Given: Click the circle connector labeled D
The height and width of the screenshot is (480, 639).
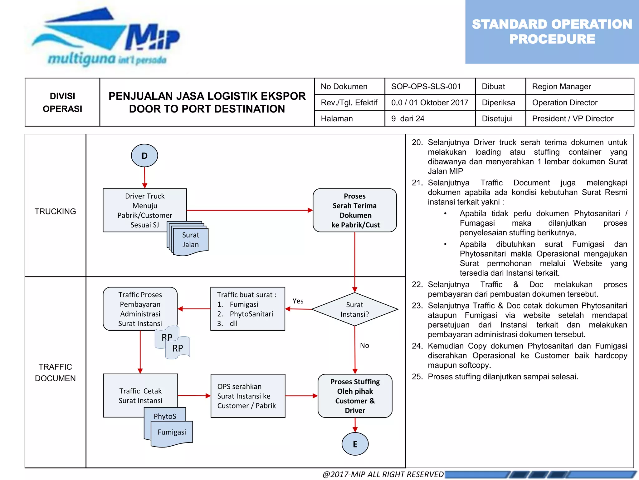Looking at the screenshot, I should (x=144, y=156).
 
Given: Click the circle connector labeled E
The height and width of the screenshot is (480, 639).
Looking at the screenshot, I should (x=355, y=444).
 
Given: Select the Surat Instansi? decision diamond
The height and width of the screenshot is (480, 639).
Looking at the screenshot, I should (x=355, y=309).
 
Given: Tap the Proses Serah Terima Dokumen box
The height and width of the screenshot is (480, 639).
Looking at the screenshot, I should (x=355, y=210).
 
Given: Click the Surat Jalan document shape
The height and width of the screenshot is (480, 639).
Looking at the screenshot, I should (x=191, y=240).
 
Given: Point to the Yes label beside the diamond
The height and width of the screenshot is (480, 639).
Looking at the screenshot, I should (x=298, y=301).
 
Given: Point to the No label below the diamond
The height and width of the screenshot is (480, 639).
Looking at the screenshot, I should (x=364, y=346).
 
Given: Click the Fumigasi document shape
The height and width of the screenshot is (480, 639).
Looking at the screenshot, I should (x=172, y=432).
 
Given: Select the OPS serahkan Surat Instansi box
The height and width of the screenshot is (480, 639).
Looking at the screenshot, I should (x=248, y=396).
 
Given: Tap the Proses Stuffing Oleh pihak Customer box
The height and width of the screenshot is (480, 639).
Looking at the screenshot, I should (x=355, y=396).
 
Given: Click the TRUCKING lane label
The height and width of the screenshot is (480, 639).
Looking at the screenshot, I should (x=55, y=212).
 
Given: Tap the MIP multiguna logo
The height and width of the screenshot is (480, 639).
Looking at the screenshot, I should (x=106, y=37).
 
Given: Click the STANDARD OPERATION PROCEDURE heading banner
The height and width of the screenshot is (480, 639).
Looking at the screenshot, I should (x=552, y=32).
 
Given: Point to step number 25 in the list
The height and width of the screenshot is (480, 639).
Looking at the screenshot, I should (x=417, y=377).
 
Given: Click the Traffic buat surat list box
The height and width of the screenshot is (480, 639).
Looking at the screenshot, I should (x=248, y=309).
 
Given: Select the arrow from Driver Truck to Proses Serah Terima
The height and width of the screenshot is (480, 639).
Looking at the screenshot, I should (x=250, y=210).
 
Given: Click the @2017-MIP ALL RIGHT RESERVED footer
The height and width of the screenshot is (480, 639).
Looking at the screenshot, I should (x=383, y=474).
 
